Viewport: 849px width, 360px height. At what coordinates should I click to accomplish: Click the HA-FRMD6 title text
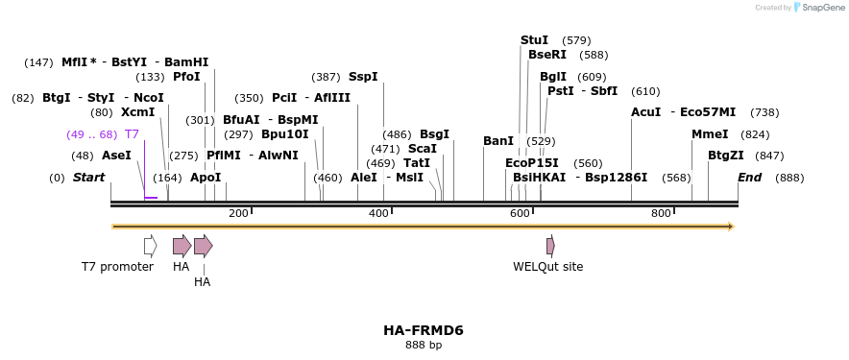(424, 330)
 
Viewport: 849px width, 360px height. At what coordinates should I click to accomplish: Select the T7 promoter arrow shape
(150, 246)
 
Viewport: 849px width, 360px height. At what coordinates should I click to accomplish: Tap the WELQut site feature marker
(550, 246)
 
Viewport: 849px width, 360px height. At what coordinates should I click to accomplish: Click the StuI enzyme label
(534, 40)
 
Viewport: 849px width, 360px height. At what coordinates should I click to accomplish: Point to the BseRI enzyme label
(547, 55)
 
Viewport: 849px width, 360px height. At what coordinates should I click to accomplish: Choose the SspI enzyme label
(363, 77)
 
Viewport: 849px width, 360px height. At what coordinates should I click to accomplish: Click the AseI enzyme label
(116, 156)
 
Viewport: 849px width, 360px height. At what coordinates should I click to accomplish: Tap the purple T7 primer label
(132, 134)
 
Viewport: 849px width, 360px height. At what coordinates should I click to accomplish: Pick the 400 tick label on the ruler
(378, 213)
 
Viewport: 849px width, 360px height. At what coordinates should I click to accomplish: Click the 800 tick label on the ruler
(661, 213)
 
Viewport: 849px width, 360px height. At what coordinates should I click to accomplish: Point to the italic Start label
(88, 178)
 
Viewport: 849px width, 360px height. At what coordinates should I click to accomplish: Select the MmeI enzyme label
(710, 134)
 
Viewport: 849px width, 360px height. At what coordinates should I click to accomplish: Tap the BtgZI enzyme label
(726, 156)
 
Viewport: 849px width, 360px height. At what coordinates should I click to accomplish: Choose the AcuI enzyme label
(645, 112)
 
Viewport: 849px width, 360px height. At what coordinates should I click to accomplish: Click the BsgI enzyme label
(434, 134)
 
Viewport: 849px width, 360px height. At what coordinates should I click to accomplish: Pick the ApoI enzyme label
(206, 178)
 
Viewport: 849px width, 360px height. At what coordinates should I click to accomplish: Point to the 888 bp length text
(424, 345)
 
